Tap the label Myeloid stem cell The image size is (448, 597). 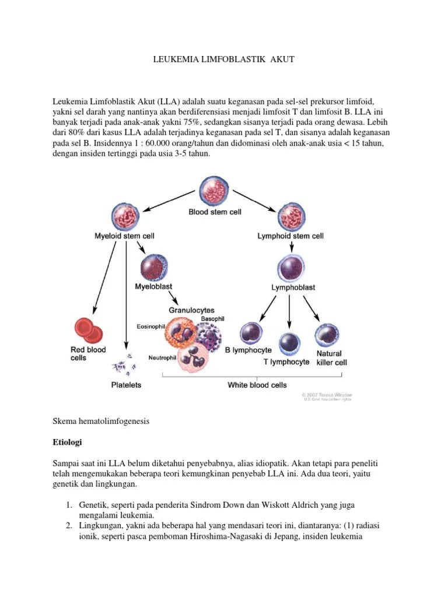124,236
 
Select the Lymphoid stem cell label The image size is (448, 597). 290,236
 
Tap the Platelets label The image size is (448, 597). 126,385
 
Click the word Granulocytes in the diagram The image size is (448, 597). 191,310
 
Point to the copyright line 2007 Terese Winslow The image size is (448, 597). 327,395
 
